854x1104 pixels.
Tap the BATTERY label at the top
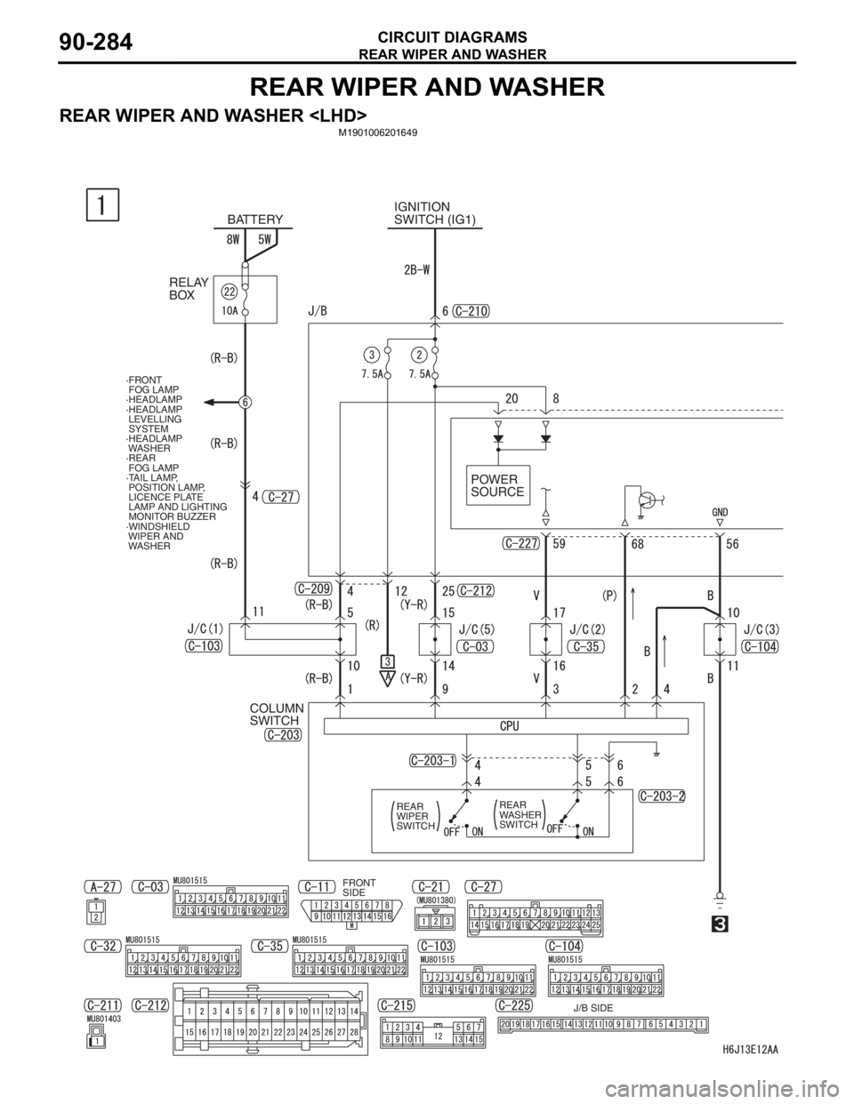click(x=254, y=219)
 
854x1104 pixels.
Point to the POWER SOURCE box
click(x=498, y=485)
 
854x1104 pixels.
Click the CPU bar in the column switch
click(x=509, y=725)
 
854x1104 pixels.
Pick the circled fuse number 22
click(x=229, y=292)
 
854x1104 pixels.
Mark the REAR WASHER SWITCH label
click(x=518, y=813)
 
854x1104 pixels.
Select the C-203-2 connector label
click(x=662, y=796)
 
